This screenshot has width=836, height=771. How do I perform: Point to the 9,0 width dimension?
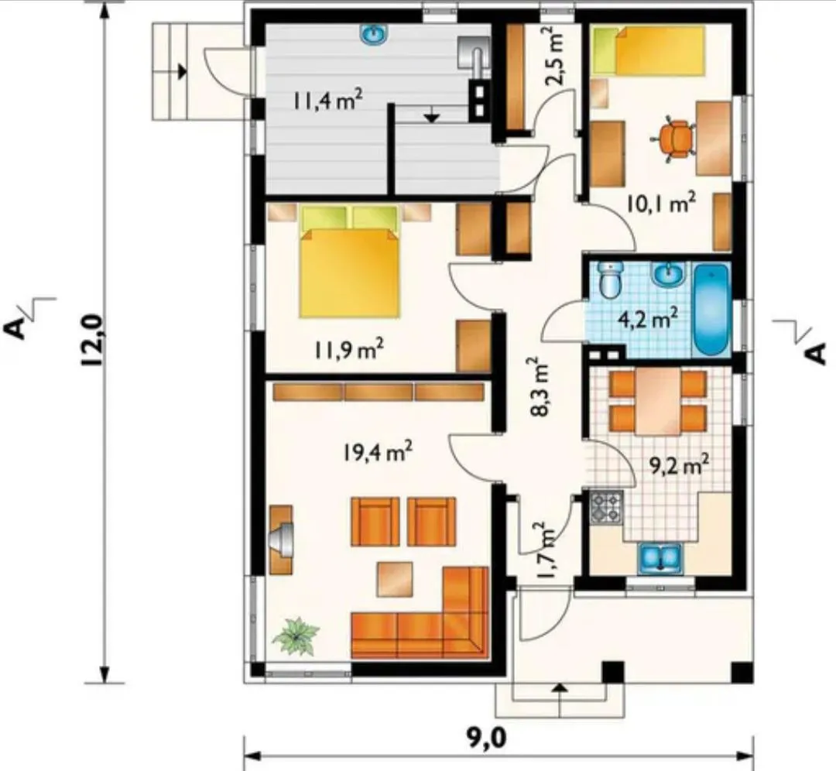(x=487, y=738)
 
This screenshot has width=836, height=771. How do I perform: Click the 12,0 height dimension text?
(x=92, y=339)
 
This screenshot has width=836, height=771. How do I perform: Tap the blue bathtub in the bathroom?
(x=711, y=310)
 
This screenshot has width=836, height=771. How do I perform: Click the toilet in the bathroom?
(x=610, y=279)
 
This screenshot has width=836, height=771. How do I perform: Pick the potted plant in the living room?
(x=296, y=636)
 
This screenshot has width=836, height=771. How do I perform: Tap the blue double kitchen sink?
(x=660, y=557)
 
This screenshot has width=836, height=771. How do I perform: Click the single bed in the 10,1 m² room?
(x=649, y=50)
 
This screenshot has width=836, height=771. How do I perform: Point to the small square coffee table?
(x=396, y=579)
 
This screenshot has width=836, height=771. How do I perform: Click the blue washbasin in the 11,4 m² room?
(x=375, y=35)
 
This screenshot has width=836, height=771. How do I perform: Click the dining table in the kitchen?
(x=657, y=402)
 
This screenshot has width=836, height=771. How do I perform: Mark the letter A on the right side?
(x=814, y=354)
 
